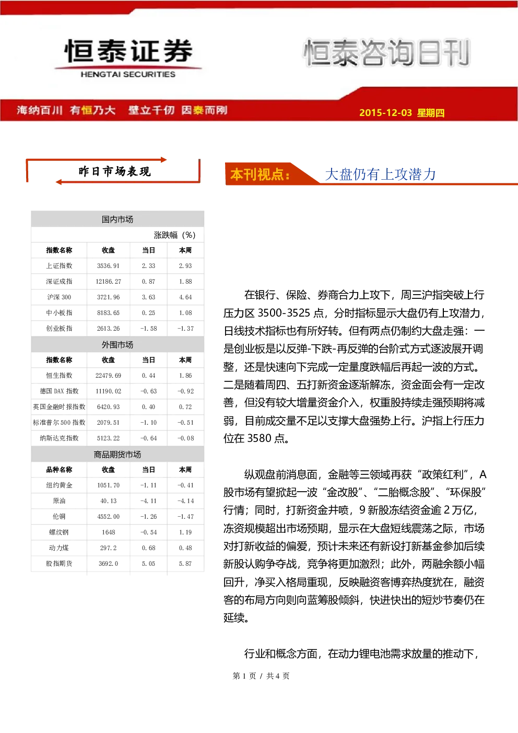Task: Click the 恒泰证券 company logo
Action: [x=128, y=58]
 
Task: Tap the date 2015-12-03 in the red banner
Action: [x=385, y=112]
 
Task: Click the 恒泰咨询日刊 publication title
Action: [x=387, y=53]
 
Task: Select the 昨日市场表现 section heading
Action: [x=114, y=171]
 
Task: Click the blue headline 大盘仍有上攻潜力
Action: [x=380, y=174]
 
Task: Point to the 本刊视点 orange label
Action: [x=260, y=174]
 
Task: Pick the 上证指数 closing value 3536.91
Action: [x=108, y=266]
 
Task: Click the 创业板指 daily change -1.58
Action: [x=148, y=328]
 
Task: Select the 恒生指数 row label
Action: [x=59, y=375]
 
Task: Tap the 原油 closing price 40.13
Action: [x=108, y=501]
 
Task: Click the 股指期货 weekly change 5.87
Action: [x=185, y=564]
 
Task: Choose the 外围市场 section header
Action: [x=117, y=345]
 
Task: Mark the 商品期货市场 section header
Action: [x=117, y=454]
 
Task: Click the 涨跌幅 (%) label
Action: [x=174, y=235]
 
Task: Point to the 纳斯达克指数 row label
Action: [x=59, y=438]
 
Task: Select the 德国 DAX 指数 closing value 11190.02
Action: [x=108, y=391]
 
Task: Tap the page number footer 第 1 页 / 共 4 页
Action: [x=261, y=676]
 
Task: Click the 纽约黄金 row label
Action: [x=59, y=485]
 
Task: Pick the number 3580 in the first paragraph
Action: [x=260, y=438]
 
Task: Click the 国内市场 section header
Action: [x=117, y=219]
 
